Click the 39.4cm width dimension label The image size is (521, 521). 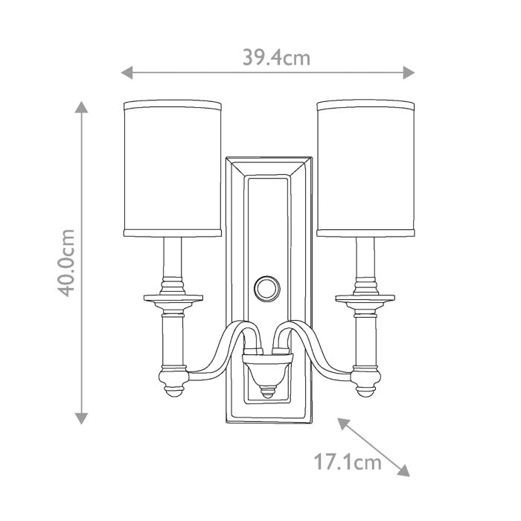click(275, 57)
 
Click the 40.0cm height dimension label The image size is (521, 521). click(66, 263)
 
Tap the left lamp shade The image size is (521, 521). click(172, 168)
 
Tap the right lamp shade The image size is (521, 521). click(366, 168)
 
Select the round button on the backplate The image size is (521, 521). click(268, 287)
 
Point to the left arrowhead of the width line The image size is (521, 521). click(127, 72)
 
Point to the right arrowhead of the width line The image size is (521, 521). click(409, 72)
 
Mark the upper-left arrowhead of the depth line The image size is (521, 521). click(343, 423)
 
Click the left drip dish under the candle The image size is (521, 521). click(172, 300)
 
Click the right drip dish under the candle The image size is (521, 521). click(365, 300)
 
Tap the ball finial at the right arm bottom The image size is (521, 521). click(365, 386)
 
